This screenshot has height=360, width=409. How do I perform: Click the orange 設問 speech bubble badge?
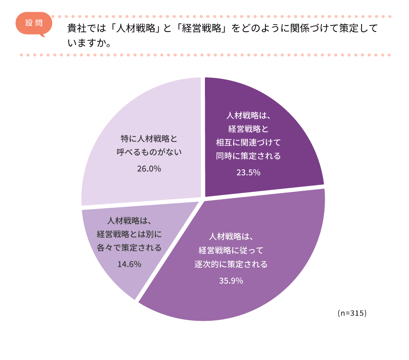coord(34,24)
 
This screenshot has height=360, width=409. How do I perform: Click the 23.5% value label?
coord(248,172)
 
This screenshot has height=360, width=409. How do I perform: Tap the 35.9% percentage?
coord(231,281)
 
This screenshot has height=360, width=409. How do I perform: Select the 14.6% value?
coord(129,264)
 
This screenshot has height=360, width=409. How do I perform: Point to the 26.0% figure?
coord(149,168)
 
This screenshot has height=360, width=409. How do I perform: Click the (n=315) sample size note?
coord(352,313)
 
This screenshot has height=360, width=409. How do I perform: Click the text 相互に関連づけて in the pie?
coord(248,142)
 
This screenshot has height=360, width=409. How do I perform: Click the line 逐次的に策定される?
coord(231,264)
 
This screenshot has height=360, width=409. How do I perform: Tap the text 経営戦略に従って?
coord(231,250)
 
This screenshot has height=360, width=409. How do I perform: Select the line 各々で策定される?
coord(129,248)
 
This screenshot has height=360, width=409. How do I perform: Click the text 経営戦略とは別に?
coord(129,234)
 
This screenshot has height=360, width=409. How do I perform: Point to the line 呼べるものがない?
coord(149,152)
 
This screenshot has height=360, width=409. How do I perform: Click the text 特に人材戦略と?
coord(149,138)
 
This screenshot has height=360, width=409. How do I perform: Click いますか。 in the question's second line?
coord(90,43)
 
